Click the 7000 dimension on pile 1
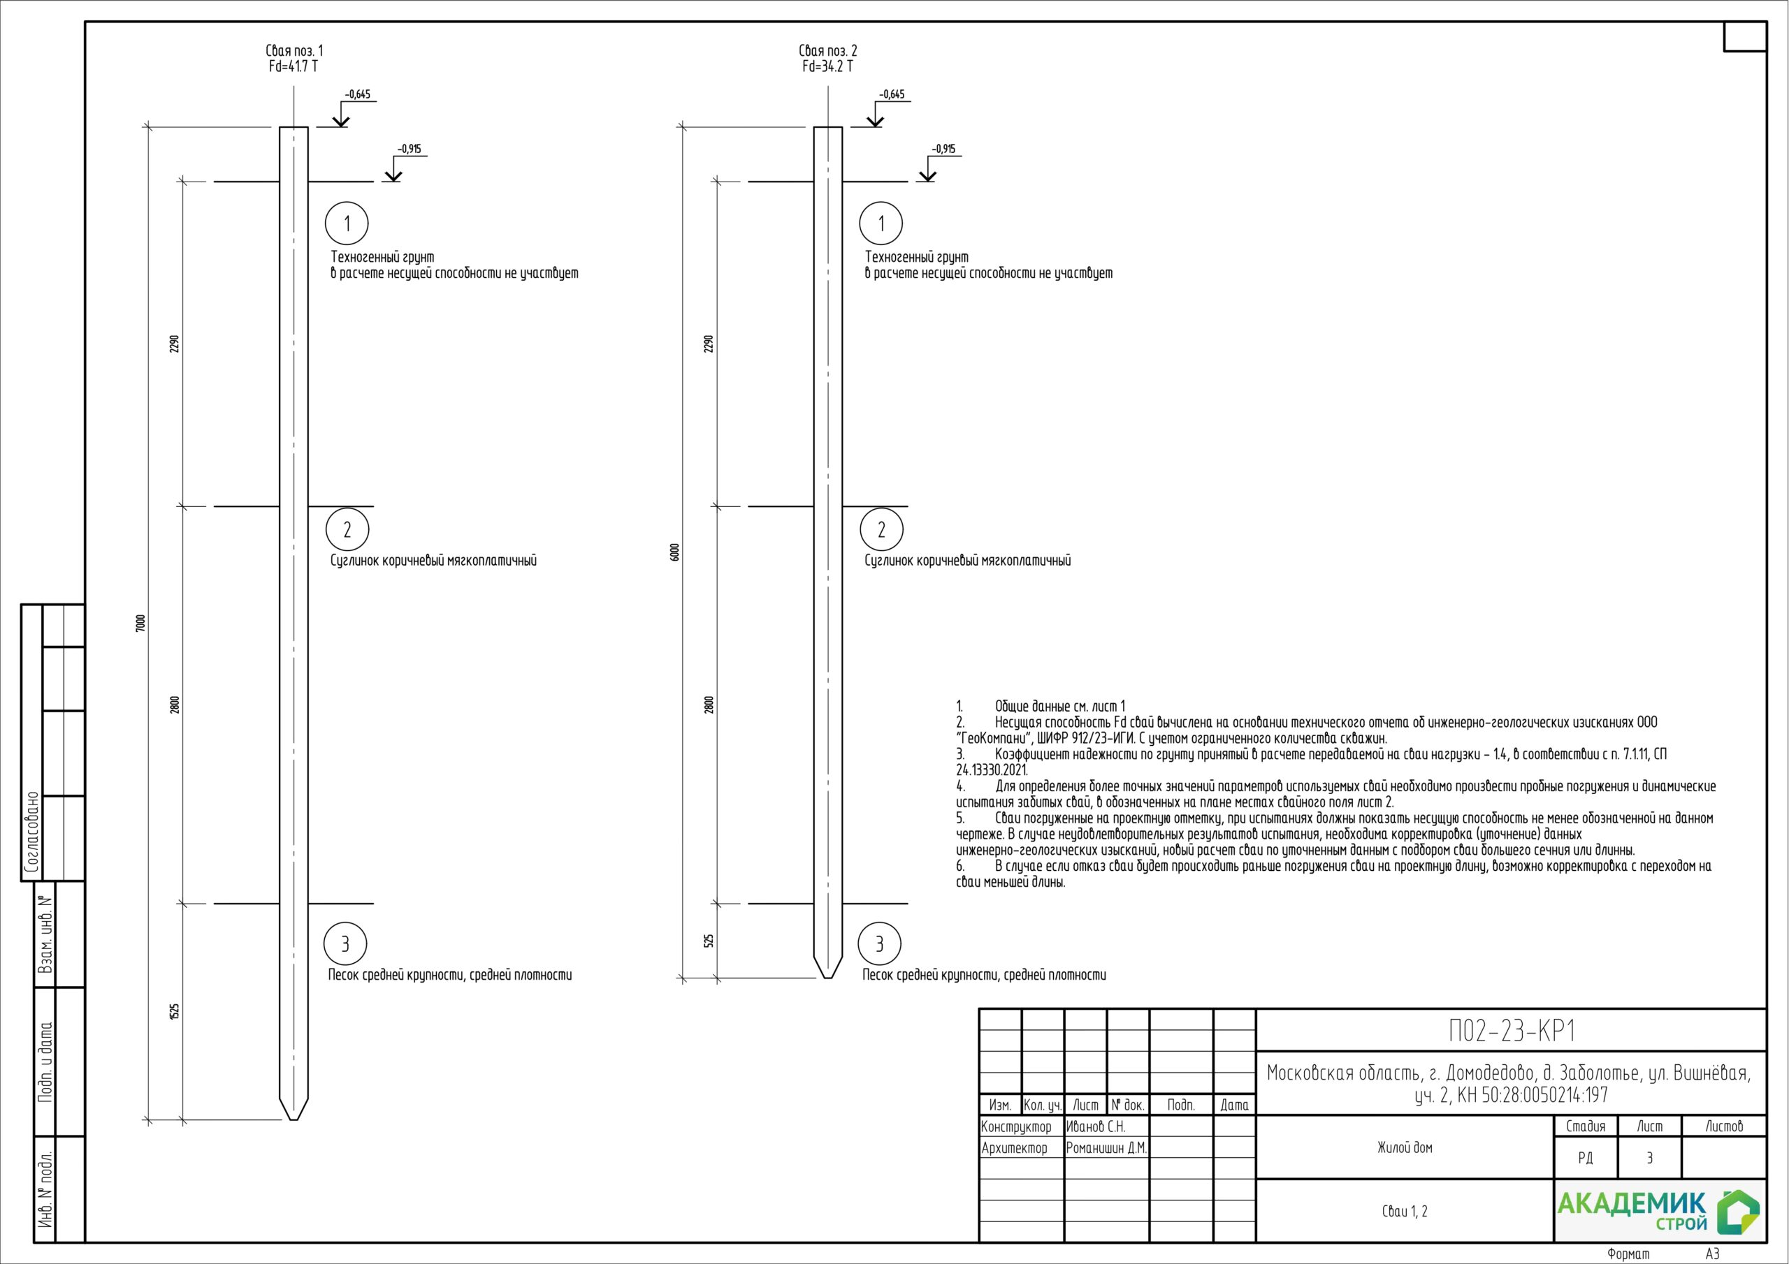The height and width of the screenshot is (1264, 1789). [140, 623]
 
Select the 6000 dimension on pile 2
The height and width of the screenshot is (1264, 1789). [675, 552]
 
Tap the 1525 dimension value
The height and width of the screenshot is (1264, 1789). [175, 1012]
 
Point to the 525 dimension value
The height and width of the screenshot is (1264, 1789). [709, 941]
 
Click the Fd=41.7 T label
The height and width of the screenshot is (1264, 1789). [293, 67]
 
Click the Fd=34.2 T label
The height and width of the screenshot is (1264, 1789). [827, 67]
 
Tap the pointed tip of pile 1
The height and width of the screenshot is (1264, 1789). [293, 1120]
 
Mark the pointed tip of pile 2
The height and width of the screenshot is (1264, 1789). [828, 978]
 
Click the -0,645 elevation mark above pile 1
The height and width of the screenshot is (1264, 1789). [358, 95]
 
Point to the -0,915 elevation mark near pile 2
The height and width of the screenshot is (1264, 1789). [943, 149]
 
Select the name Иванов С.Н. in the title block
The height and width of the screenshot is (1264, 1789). [1096, 1127]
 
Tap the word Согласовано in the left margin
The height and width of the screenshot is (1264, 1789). [32, 832]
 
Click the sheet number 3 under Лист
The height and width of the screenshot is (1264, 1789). [1649, 1158]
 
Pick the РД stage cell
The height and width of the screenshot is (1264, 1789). [1586, 1158]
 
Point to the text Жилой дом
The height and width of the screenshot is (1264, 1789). [1405, 1147]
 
